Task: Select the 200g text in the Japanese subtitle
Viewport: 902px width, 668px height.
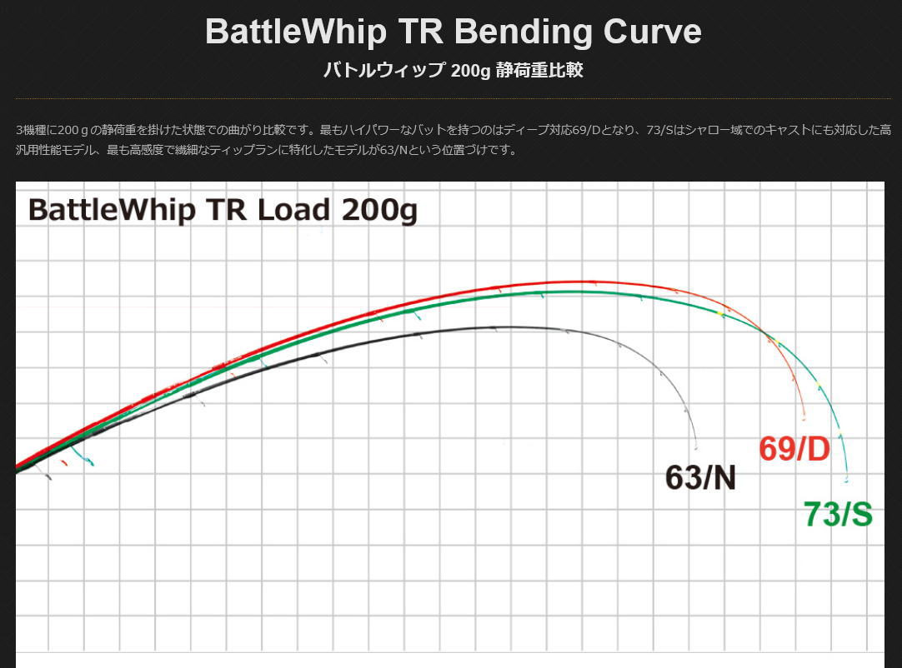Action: click(x=471, y=71)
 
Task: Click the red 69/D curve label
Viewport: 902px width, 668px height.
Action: click(x=794, y=450)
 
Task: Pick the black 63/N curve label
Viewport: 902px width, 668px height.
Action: click(x=700, y=478)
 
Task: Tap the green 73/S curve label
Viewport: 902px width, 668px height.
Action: click(x=838, y=515)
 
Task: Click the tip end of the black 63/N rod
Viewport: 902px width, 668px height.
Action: click(x=696, y=448)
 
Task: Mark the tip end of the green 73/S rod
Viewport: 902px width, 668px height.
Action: click(x=847, y=481)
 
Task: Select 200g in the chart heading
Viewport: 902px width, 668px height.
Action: click(x=379, y=210)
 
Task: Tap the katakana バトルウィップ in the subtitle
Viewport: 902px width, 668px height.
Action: click(x=383, y=71)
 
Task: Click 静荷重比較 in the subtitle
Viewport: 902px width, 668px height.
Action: click(x=539, y=71)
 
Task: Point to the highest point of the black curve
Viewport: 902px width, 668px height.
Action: click(x=509, y=327)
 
